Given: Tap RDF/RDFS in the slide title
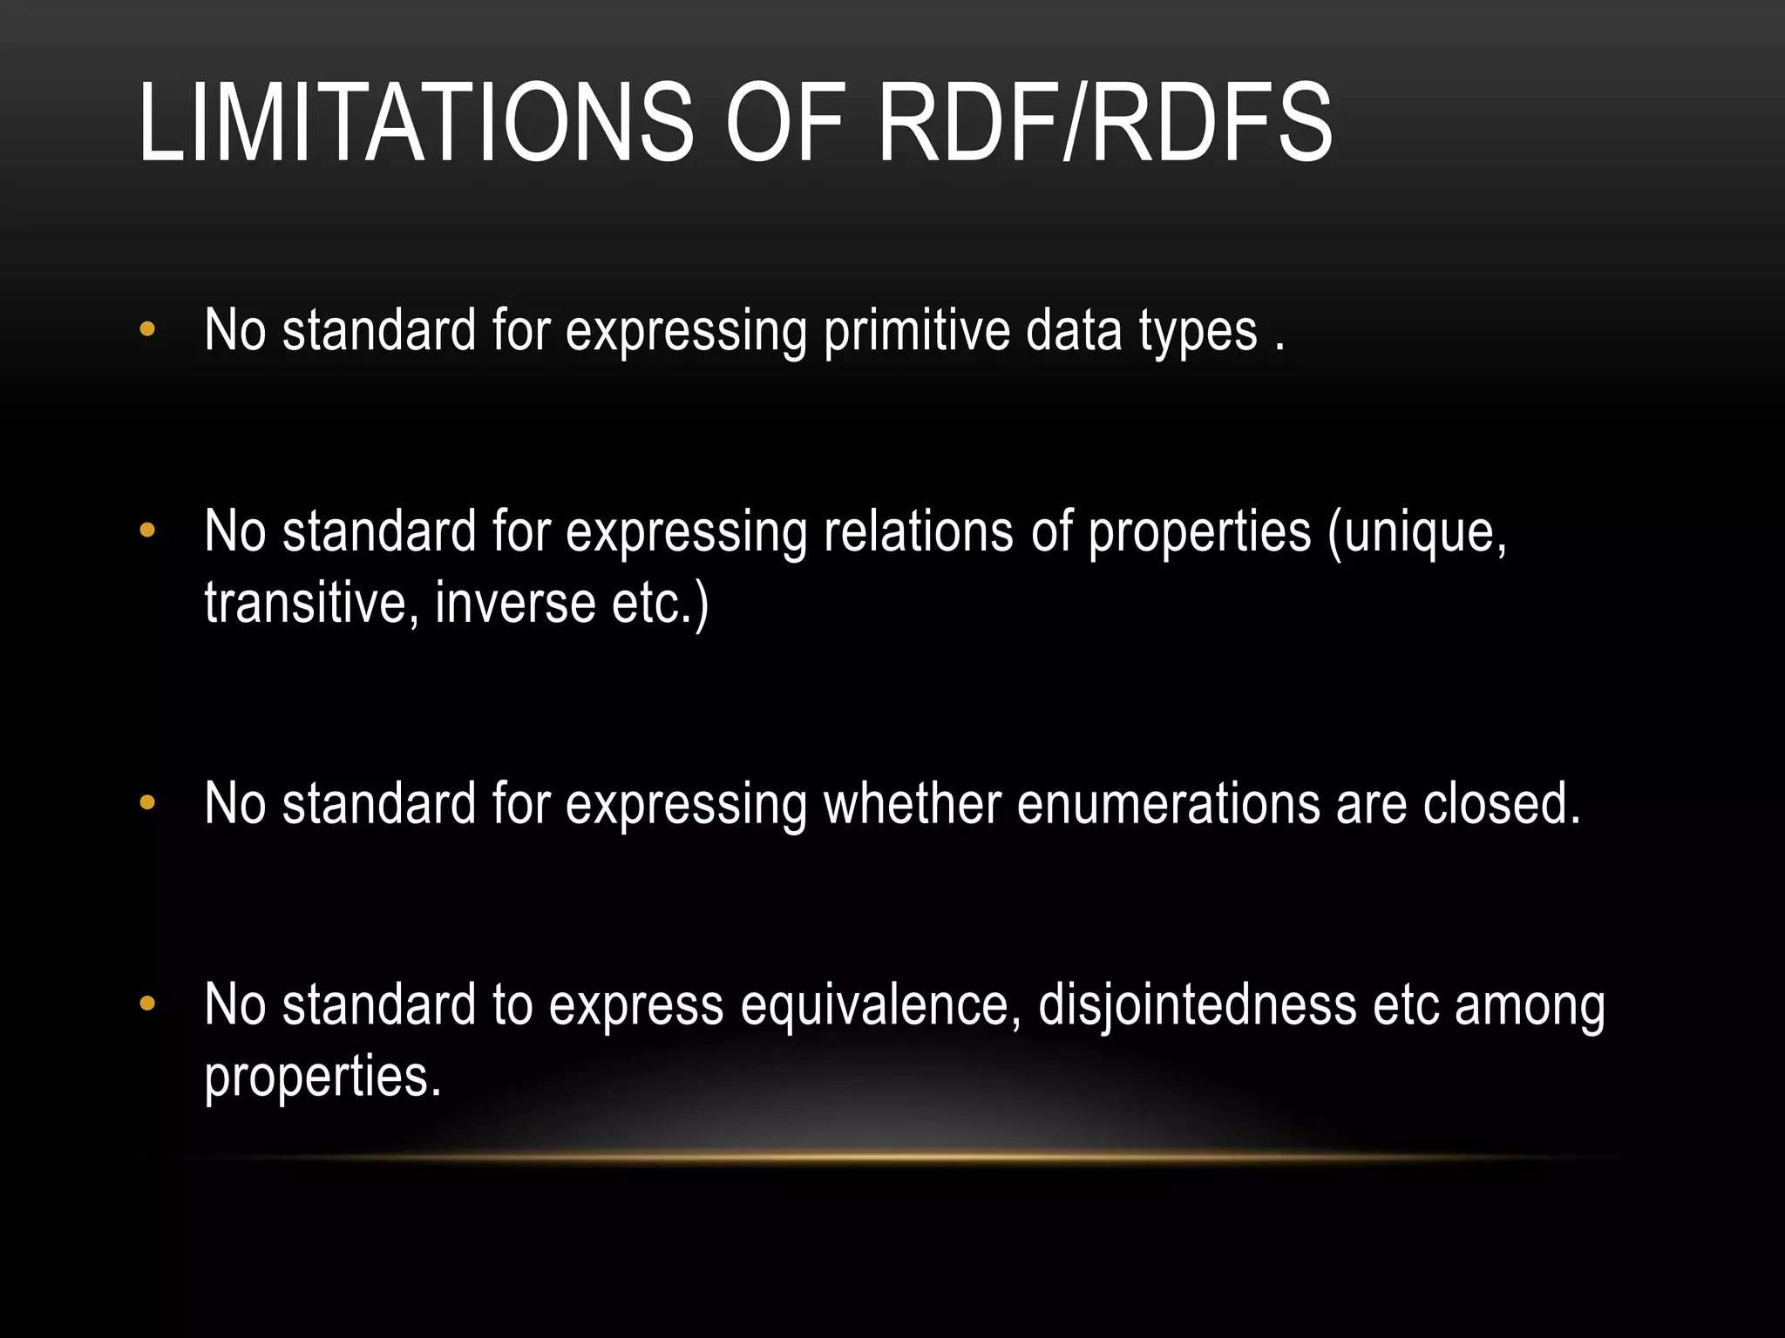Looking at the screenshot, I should pyautogui.click(x=1104, y=123).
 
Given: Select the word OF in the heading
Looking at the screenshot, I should pyautogui.click(x=785, y=123).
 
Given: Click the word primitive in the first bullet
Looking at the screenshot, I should pyautogui.click(x=916, y=332).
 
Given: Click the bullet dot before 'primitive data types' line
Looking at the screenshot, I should pyautogui.click(x=147, y=329).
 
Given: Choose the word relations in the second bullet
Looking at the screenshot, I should pyautogui.click(x=919, y=532).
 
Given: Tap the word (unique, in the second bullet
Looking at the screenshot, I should pyautogui.click(x=1416, y=532).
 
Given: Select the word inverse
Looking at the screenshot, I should pyautogui.click(x=515, y=603).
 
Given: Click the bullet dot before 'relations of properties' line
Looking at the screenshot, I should pyautogui.click(x=147, y=530).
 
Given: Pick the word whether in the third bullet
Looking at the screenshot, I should pyautogui.click(x=913, y=803).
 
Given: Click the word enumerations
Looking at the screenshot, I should pyautogui.click(x=1168, y=803).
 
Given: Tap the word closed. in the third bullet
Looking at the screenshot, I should pyautogui.click(x=1501, y=803).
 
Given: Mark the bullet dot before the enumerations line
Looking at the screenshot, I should pyautogui.click(x=147, y=802).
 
